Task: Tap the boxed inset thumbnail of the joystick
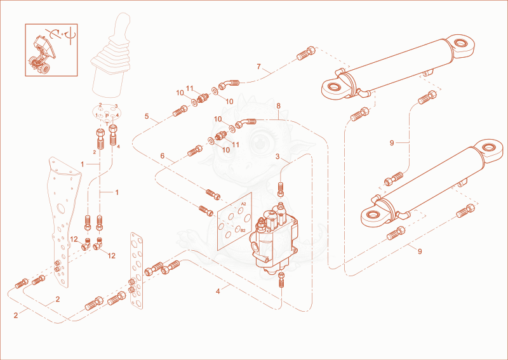point(51,50)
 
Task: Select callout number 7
point(258,67)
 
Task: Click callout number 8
point(278,106)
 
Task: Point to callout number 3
point(277,157)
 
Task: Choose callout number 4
point(218,291)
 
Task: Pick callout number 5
point(147,116)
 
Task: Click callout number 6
point(163,156)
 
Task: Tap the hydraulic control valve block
point(274,238)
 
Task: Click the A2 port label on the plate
point(244,204)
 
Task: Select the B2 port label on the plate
point(243,230)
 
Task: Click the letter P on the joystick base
point(107,116)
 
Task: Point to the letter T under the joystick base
point(107,123)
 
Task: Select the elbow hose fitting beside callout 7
point(229,84)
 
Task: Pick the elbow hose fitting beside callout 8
point(246,123)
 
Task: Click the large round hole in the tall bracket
point(60,208)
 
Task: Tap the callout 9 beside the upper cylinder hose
point(392,143)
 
